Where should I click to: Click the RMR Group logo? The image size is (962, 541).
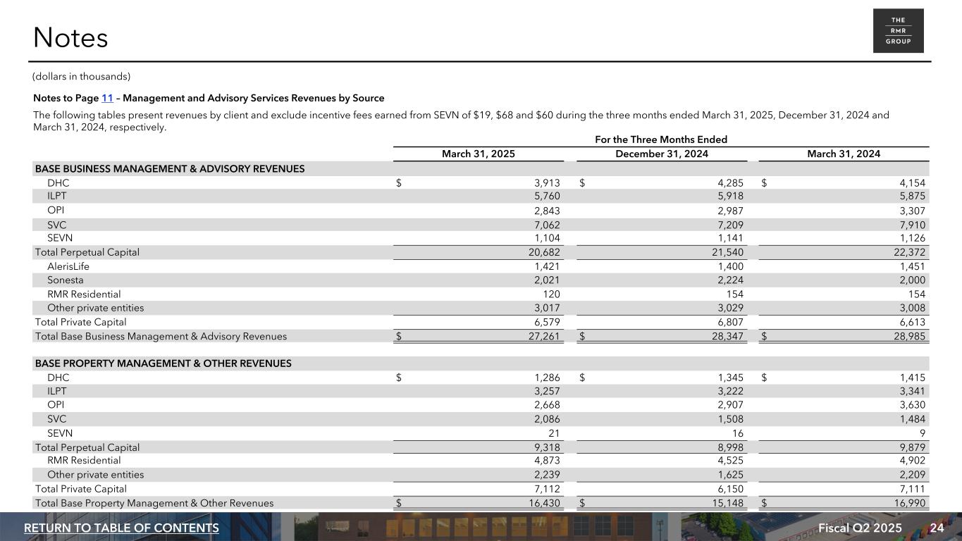(898, 31)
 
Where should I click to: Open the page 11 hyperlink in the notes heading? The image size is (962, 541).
(107, 98)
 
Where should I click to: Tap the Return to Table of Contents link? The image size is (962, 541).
(121, 528)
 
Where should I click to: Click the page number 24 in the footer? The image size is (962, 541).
(937, 528)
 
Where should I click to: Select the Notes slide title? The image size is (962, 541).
(70, 38)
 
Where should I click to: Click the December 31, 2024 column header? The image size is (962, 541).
(662, 154)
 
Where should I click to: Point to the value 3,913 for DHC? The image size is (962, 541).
(547, 183)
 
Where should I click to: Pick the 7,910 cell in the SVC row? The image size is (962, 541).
(911, 225)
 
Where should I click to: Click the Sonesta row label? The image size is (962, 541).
(66, 280)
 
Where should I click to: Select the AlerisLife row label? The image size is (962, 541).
(68, 266)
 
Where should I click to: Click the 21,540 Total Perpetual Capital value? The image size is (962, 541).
(727, 252)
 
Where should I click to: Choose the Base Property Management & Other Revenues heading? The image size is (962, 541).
(163, 363)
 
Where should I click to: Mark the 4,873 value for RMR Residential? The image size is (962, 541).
(547, 461)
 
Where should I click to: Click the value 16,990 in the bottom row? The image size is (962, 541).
(909, 503)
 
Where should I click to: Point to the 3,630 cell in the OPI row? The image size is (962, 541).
(911, 405)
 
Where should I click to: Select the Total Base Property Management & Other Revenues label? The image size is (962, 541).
(154, 503)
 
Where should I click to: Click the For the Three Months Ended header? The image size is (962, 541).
(661, 139)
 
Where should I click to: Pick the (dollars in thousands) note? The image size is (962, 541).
(82, 76)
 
